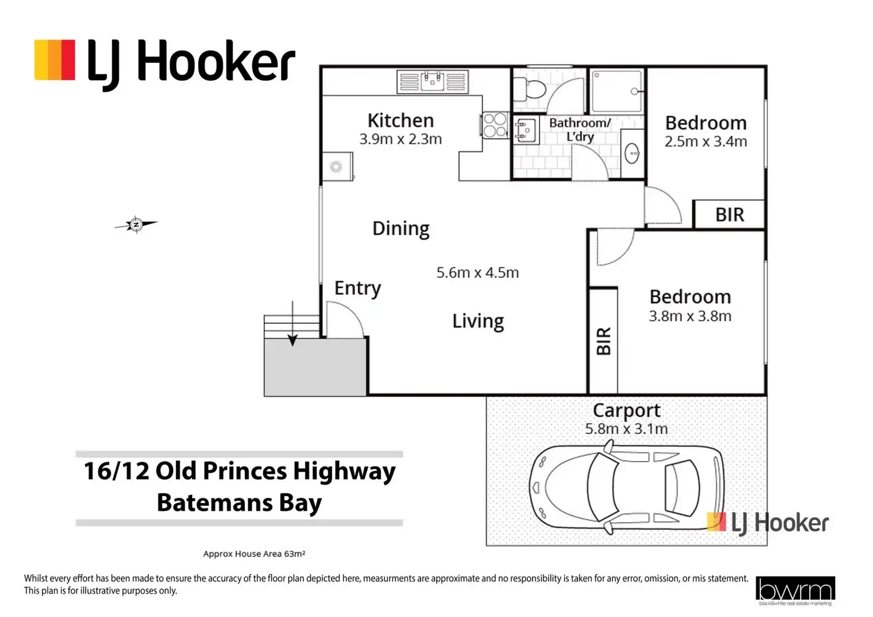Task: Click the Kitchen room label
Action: pos(401,120)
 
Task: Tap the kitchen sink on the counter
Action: pos(432,82)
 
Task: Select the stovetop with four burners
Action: pos(495,125)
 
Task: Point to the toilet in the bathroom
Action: pos(530,89)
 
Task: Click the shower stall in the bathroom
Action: pos(617,91)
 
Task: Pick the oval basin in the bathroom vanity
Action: pos(632,153)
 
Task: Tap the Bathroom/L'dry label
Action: pos(580,130)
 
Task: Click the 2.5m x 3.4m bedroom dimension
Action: pos(706,141)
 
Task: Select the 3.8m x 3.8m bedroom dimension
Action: pos(690,316)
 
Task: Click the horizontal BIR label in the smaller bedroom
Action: pos(729,215)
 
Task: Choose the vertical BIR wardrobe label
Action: pos(604,341)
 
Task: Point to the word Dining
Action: pos(401,228)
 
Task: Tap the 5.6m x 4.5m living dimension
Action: pos(477,272)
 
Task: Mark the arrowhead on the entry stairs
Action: pos(292,341)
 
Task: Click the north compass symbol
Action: pos(136,224)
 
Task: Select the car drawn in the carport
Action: pos(627,487)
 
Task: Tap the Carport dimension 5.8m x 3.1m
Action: pos(626,429)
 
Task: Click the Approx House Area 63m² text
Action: pos(254,554)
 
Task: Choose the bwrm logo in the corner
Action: pos(795,590)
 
